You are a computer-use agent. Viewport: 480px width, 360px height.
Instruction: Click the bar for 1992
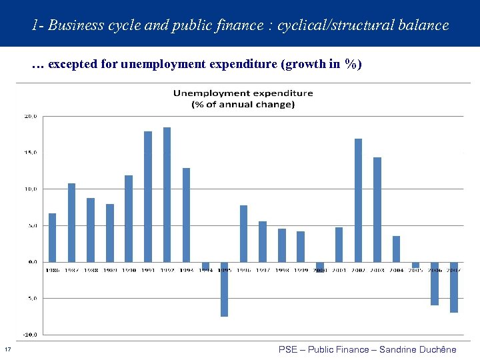167,195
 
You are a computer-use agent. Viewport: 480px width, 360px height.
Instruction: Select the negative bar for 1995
224,289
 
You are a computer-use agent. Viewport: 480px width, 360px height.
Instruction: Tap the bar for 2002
358,200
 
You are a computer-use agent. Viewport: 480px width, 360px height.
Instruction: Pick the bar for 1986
53,237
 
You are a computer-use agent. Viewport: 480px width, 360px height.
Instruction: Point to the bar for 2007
454,287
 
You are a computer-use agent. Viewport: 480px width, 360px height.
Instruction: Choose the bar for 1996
243,233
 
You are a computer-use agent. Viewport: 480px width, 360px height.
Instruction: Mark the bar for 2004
396,249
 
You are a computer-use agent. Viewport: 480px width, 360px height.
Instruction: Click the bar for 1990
129,219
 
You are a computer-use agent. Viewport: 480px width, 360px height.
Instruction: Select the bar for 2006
435,283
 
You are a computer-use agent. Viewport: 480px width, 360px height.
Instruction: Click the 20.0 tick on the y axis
31,116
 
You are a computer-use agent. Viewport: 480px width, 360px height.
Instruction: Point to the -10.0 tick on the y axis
30,335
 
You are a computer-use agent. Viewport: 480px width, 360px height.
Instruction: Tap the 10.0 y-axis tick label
31,189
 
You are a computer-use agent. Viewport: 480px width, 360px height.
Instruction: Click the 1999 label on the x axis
301,270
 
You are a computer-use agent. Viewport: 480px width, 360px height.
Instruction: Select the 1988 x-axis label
90,270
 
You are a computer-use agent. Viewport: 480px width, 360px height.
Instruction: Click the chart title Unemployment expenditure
243,93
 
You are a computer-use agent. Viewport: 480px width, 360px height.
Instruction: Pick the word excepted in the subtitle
73,65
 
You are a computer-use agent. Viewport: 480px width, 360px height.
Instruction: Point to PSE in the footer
288,349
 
